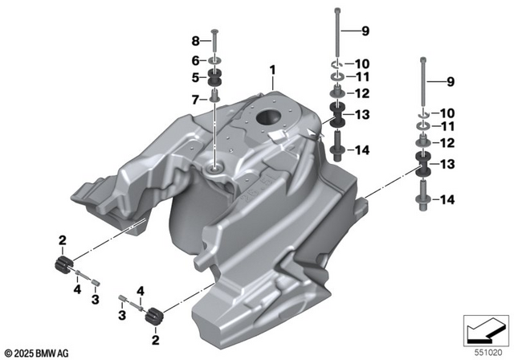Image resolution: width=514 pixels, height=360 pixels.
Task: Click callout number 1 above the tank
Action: click(273, 71)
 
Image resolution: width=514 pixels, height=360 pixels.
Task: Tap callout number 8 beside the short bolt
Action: click(195, 41)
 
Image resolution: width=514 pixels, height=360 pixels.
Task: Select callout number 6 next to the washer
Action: click(195, 60)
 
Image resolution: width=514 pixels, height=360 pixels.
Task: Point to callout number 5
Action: click(195, 78)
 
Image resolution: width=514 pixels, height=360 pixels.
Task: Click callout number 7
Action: click(195, 99)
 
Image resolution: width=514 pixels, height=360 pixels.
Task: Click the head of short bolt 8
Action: click(215, 32)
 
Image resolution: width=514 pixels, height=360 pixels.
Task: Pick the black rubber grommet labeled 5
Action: click(215, 78)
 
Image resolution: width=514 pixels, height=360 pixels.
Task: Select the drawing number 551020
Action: click(489, 351)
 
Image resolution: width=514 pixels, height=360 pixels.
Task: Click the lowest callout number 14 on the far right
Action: click(447, 199)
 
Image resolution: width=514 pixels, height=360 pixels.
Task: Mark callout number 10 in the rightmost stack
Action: click(447, 112)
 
